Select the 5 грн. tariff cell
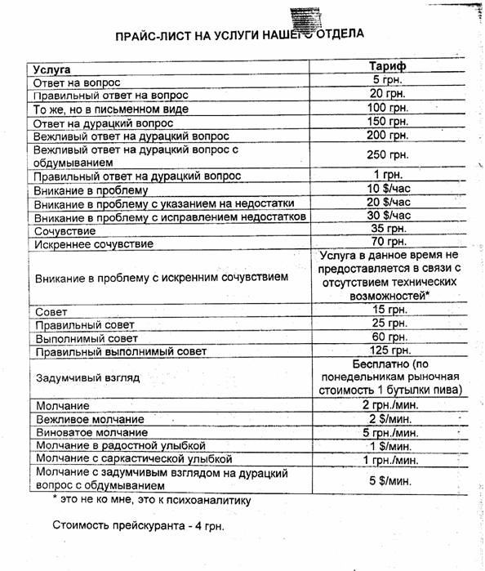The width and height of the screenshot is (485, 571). pyautogui.click(x=388, y=81)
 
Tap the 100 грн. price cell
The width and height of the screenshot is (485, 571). pyautogui.click(x=388, y=108)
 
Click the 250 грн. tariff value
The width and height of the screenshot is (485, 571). pyautogui.click(x=388, y=155)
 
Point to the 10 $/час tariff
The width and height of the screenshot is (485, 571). pyautogui.click(x=388, y=190)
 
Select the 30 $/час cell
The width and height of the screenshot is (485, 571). pyautogui.click(x=388, y=216)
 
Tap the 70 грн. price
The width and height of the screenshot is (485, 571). pyautogui.click(x=388, y=242)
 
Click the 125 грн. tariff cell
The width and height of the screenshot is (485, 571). pyautogui.click(x=388, y=350)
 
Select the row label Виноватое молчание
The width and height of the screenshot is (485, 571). pyautogui.click(x=91, y=431)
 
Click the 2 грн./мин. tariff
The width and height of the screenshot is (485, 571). pyautogui.click(x=388, y=404)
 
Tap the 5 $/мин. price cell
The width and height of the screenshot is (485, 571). pyautogui.click(x=388, y=480)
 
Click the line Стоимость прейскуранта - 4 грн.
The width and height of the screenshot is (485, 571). pyautogui.click(x=138, y=525)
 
